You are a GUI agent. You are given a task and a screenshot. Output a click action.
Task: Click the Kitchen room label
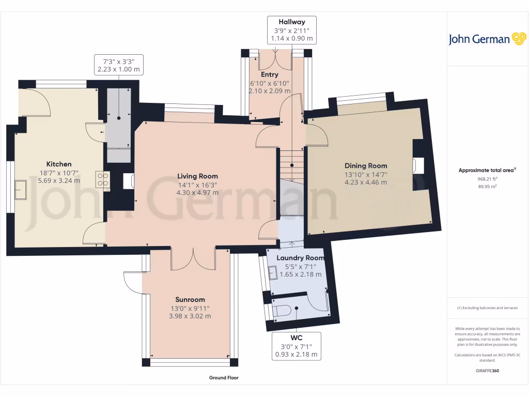coord(58,164)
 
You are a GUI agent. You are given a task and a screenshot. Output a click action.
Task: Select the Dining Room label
coord(366,165)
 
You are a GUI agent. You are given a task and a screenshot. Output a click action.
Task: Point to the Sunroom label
coord(190,299)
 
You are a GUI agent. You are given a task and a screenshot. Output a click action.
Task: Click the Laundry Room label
coord(300,257)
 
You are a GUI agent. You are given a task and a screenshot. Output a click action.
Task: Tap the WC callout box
coord(297,346)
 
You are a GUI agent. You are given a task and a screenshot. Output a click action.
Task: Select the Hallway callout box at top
coord(292,30)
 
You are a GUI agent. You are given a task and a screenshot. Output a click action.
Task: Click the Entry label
coord(270,74)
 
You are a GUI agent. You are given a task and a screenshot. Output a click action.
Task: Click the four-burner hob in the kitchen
coord(102,179)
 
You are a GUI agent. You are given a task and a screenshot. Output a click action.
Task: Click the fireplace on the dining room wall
coord(418,165)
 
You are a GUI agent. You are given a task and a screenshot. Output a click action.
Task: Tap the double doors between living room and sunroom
coord(193,258)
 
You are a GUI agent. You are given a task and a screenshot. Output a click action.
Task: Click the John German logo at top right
coord(487,39)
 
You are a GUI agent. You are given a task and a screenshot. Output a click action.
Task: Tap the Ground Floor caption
coord(224,378)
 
